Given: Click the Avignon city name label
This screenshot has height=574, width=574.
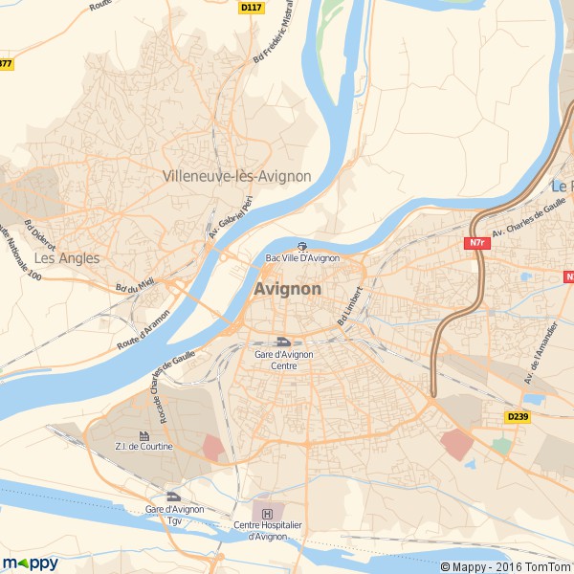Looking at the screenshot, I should (x=288, y=289).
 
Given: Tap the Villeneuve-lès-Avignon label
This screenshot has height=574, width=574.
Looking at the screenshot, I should (x=237, y=176).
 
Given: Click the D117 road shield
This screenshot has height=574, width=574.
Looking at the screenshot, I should (x=251, y=7).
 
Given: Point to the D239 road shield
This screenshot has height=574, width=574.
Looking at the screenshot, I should (x=518, y=416).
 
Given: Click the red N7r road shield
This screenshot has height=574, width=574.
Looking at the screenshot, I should (x=477, y=243).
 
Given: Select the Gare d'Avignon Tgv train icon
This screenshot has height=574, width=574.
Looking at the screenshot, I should (x=173, y=496).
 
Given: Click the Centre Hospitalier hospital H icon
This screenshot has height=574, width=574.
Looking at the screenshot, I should (x=266, y=513).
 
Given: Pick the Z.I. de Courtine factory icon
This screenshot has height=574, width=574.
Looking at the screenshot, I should (x=144, y=435).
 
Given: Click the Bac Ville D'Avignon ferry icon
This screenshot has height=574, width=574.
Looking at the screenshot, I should (x=301, y=246).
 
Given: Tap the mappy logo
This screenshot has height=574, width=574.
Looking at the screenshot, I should (x=31, y=563).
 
